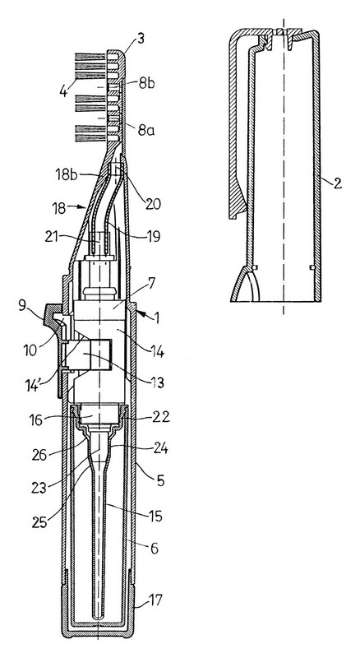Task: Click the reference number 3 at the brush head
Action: tap(141, 40)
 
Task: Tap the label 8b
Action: tap(147, 84)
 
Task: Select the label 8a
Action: tap(146, 131)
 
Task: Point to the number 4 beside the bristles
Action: tap(64, 91)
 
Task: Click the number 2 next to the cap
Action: tap(338, 183)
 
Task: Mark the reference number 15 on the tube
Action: tap(155, 516)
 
